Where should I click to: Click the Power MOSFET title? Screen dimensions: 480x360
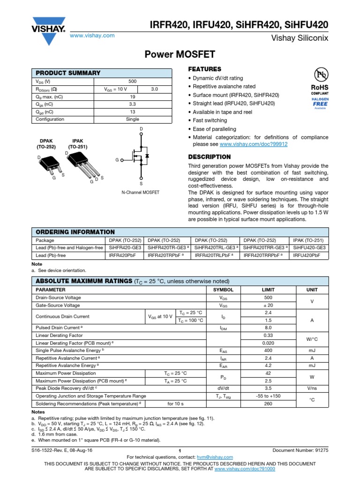click(180, 55)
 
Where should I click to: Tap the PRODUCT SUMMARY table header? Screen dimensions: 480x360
click(68, 73)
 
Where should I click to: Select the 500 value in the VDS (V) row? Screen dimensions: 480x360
click(132, 81)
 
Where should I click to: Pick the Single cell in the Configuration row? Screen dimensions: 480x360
click(132, 119)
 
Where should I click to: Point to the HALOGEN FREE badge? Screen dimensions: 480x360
click(320, 103)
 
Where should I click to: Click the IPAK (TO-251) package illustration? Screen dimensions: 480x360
click(79, 162)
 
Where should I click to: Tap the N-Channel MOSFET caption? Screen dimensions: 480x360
click(141, 192)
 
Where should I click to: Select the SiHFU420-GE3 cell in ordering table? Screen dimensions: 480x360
click(309, 247)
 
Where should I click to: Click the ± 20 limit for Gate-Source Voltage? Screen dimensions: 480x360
click(268, 305)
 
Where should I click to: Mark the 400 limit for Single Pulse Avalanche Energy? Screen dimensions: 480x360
click(268, 350)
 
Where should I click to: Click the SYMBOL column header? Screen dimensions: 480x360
click(223, 290)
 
